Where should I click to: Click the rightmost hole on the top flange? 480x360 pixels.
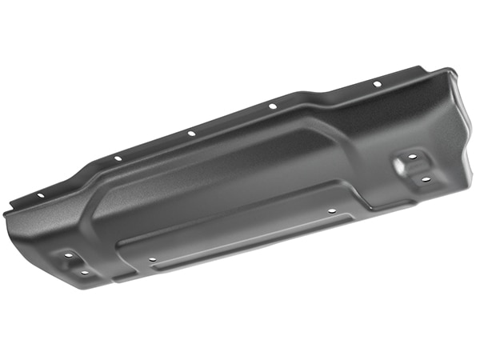click(376, 84)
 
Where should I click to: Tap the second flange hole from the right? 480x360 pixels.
click(272, 106)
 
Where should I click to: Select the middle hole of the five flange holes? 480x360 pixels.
click(190, 133)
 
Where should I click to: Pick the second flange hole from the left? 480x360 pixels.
click(118, 158)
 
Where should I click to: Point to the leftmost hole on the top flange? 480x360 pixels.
click(40, 194)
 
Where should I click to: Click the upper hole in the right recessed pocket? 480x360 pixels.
click(412, 157)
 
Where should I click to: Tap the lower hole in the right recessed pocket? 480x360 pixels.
click(426, 180)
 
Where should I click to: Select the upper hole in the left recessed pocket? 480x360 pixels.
click(68, 255)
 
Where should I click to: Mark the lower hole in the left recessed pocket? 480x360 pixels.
click(84, 273)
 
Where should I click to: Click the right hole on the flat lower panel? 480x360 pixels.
click(332, 211)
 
